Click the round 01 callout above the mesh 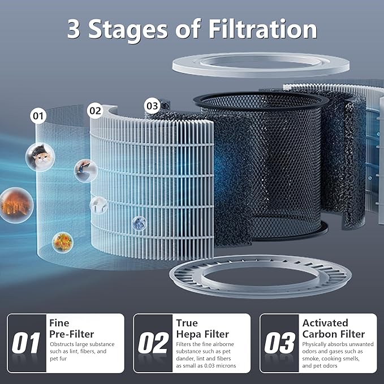(x=38, y=117)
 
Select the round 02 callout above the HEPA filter (x=95, y=111)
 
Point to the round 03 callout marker (x=152, y=105)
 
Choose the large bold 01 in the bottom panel (x=27, y=343)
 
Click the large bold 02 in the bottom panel (x=153, y=343)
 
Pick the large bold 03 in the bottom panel (x=279, y=343)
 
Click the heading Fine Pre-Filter (x=72, y=329)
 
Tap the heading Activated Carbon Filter (x=333, y=329)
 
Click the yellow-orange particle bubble (x=62, y=241)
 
